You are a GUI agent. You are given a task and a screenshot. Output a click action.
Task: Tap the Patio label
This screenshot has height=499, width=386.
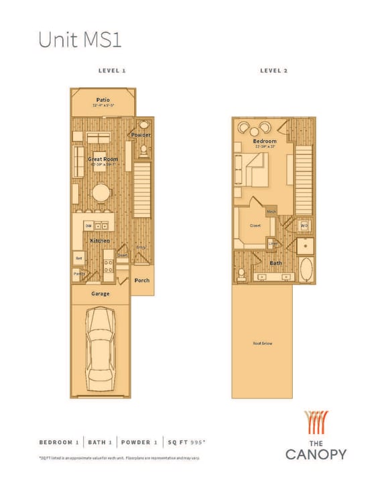coord(103,100)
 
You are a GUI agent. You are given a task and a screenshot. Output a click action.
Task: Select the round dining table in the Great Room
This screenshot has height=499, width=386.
coord(101,193)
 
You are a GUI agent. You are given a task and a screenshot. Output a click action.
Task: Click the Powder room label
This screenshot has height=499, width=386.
coord(141,135)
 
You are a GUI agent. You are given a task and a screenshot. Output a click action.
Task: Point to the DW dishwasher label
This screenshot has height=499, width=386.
coord(88,226)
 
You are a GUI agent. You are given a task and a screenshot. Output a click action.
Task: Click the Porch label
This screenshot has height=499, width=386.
coord(141,281)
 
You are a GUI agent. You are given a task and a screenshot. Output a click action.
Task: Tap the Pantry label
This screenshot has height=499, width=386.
coord(78,274)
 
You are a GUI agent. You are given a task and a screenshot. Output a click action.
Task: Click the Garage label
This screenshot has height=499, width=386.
coord(101,293)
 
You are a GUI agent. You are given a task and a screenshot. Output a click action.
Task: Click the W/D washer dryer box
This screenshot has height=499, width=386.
coord(304,226)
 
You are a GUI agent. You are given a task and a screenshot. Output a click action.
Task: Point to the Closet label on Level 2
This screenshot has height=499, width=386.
coord(255,226)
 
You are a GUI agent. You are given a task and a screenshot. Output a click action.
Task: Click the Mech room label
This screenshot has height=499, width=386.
coord(271,212)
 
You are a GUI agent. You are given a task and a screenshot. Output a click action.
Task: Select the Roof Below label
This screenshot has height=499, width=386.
coord(262,344)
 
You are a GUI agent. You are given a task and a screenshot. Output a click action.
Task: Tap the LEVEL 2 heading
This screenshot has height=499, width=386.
coord(273,70)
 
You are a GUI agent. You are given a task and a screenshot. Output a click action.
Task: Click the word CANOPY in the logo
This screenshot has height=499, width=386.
coord(316,454)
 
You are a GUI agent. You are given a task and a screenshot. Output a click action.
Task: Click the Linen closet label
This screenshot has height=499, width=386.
coord(273,243)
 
